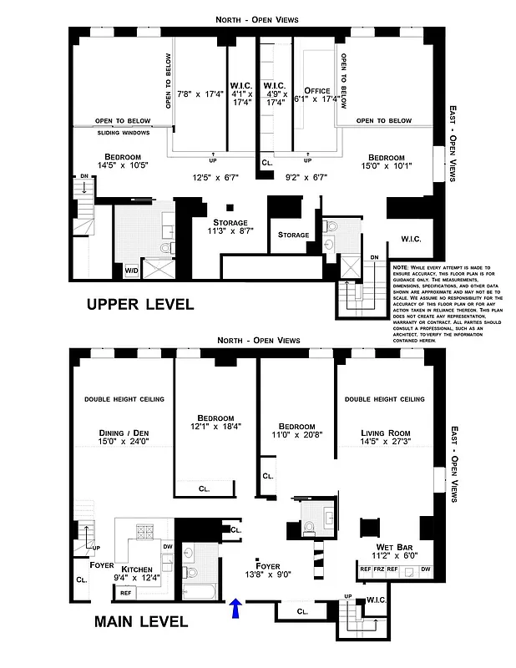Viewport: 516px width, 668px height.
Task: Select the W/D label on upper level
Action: point(132,271)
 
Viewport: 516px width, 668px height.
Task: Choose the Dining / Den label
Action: point(123,433)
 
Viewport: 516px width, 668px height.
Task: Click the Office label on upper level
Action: point(318,91)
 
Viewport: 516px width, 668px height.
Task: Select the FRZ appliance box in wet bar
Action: point(379,569)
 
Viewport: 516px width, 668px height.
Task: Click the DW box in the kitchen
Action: point(168,547)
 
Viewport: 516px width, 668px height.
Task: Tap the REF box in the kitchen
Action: point(125,592)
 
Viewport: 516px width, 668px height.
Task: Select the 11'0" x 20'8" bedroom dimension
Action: point(297,434)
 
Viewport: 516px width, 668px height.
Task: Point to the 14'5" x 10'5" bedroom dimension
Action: point(123,165)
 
